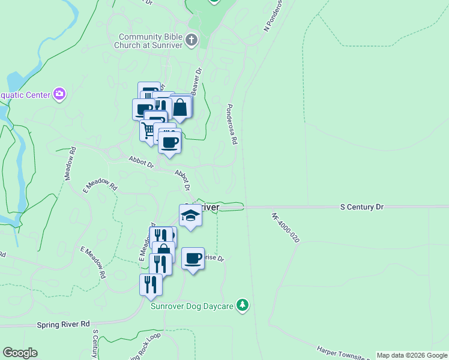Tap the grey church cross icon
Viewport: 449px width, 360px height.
[191, 41]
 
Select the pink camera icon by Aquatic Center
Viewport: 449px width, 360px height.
[59, 94]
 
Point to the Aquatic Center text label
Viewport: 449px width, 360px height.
[24, 94]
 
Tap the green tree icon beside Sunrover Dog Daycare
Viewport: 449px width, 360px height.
[243, 305]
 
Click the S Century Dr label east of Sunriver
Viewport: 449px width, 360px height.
[361, 207]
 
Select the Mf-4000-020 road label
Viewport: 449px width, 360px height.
[285, 227]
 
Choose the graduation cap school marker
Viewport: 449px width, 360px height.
[190, 216]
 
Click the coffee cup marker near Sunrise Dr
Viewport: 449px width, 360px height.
[193, 259]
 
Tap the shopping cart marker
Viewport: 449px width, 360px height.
[149, 130]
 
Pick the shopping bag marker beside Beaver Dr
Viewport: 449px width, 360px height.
[180, 107]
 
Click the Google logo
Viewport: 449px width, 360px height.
[20, 353]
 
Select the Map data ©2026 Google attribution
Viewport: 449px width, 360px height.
[412, 355]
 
